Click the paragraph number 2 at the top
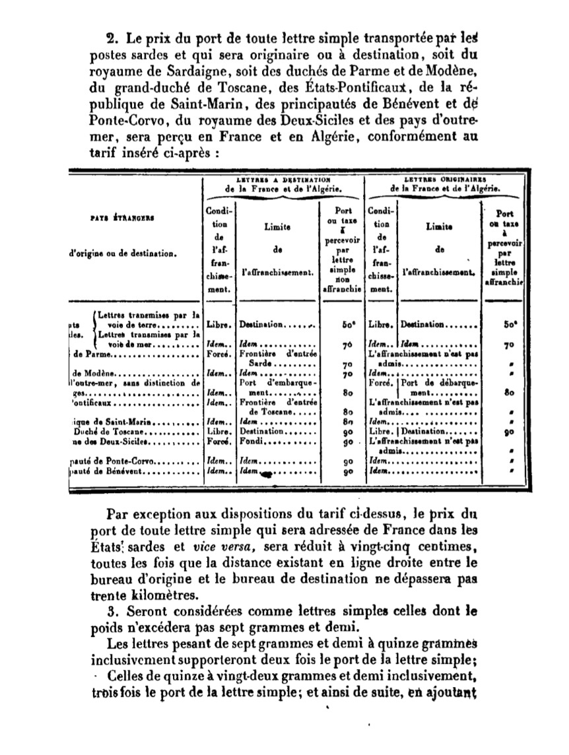tap(111, 38)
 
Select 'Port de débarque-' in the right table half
tap(441, 382)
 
